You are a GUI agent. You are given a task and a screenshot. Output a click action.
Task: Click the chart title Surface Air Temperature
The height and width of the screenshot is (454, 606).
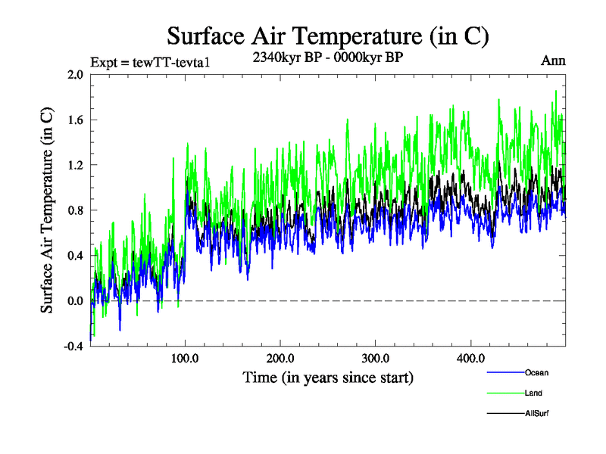(327, 36)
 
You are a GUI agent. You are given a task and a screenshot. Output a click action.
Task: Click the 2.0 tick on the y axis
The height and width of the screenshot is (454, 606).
(75, 74)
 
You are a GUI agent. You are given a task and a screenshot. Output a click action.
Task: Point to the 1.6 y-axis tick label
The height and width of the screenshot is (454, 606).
(75, 120)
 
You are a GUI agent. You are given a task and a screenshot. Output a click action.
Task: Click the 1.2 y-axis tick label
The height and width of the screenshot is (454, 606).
(75, 165)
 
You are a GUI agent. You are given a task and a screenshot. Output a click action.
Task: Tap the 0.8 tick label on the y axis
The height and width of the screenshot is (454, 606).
(75, 210)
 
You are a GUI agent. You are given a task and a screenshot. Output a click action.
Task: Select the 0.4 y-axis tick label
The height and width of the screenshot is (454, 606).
(75, 256)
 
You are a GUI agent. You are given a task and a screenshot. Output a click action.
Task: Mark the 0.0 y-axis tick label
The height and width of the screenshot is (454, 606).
(75, 301)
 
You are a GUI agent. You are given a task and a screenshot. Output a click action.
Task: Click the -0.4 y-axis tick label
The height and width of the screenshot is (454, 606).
(73, 347)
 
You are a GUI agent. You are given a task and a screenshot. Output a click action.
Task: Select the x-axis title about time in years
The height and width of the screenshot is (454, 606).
(328, 377)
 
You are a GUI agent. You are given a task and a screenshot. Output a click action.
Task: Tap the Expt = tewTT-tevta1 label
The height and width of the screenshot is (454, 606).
(149, 62)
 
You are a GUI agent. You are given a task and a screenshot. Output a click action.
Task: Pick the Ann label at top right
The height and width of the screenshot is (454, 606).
(553, 61)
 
